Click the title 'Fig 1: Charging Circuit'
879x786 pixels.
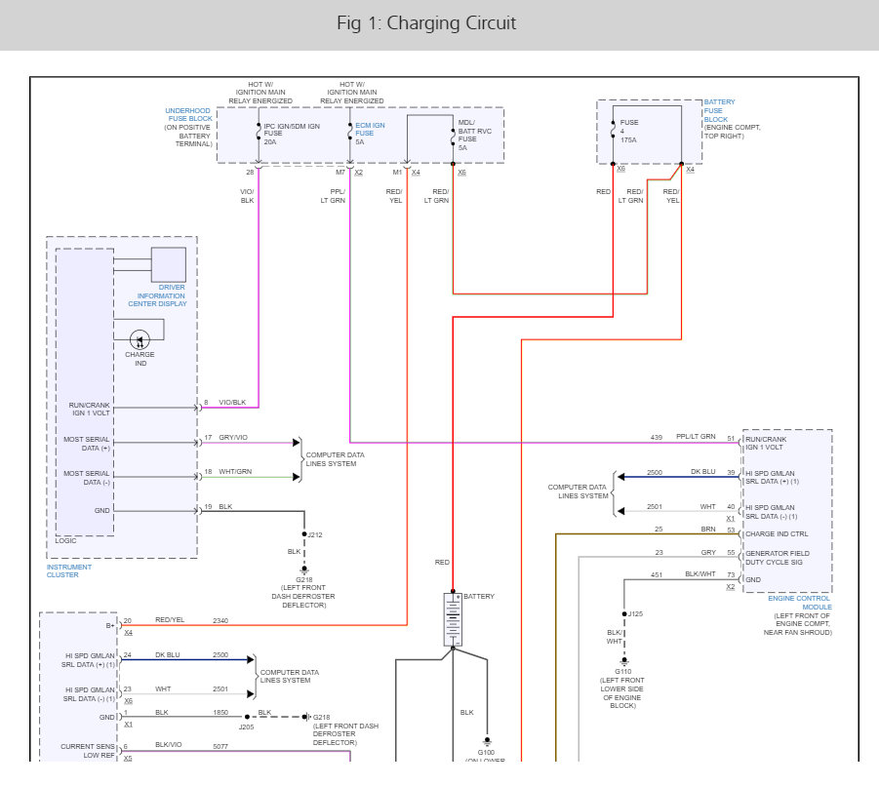[x=426, y=23]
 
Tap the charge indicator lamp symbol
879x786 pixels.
[x=140, y=340]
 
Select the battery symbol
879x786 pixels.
[x=453, y=620]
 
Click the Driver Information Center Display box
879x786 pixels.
[x=169, y=264]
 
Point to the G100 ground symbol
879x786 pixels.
[x=487, y=742]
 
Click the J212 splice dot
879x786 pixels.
[x=304, y=534]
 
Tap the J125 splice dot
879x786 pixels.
[x=624, y=614]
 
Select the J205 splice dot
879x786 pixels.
[x=247, y=717]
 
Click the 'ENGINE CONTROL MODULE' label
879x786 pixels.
[x=799, y=603]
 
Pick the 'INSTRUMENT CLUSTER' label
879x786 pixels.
[x=69, y=570]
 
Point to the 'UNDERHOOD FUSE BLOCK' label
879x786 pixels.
[x=189, y=114]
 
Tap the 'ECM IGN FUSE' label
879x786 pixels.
[x=370, y=130]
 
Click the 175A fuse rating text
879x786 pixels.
[x=628, y=140]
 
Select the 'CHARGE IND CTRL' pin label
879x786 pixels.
[x=777, y=533]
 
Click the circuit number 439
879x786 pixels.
[x=657, y=437]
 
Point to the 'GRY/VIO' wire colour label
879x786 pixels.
[x=233, y=437]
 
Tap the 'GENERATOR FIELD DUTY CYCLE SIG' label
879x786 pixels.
[x=777, y=558]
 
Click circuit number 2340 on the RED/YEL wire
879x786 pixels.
[x=220, y=621]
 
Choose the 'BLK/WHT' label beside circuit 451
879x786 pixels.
[x=700, y=574]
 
